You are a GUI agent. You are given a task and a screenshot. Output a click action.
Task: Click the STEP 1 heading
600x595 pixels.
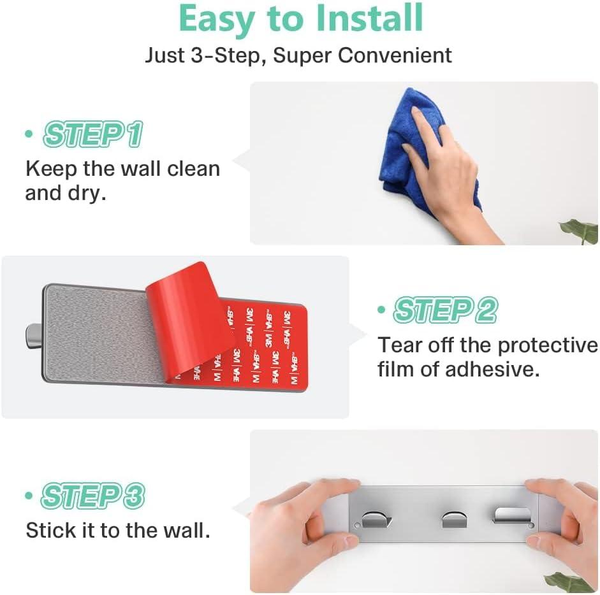click(x=93, y=134)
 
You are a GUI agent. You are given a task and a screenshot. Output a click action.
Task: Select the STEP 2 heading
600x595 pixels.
click(x=445, y=310)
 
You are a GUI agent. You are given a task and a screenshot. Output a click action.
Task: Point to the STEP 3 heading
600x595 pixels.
click(x=93, y=496)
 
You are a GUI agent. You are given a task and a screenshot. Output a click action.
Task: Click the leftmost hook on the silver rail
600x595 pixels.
click(x=376, y=519)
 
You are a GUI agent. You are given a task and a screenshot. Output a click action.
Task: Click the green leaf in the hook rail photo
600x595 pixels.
click(x=570, y=582)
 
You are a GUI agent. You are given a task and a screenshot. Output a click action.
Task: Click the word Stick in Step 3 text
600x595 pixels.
click(x=51, y=531)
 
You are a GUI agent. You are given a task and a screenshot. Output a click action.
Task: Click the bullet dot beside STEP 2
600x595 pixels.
click(x=381, y=310)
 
